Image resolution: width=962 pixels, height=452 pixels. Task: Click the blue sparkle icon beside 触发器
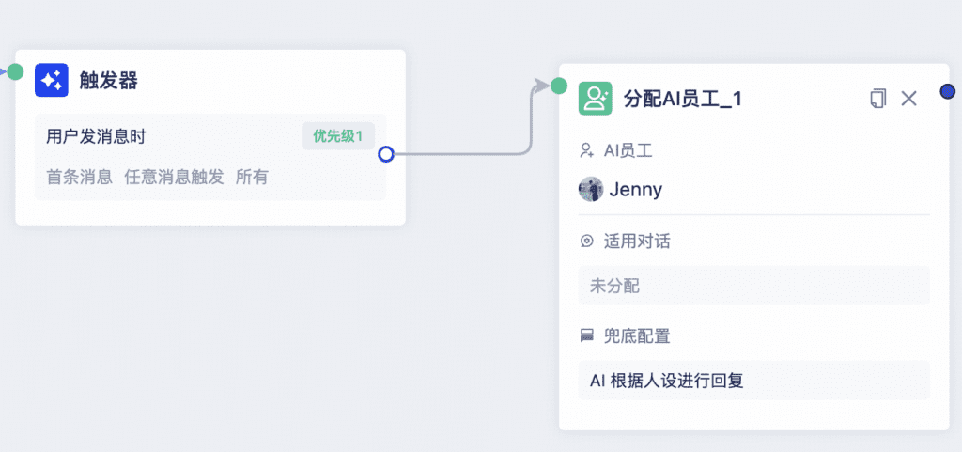tap(52, 80)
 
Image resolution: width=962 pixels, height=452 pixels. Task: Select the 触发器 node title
tap(109, 80)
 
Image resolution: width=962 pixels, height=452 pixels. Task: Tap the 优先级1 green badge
tap(338, 136)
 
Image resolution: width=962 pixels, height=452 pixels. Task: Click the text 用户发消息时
tap(96, 136)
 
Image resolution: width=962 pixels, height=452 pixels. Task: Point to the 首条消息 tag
tap(80, 178)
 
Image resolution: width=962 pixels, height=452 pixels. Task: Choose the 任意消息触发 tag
tap(174, 178)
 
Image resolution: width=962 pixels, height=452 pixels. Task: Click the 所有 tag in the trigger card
tap(252, 178)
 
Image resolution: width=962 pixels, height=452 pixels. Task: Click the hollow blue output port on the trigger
tap(386, 154)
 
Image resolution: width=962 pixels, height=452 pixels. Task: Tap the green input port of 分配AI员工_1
tap(559, 86)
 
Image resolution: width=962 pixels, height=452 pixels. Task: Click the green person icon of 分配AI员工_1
tap(595, 98)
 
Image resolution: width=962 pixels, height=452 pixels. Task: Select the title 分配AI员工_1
tap(683, 99)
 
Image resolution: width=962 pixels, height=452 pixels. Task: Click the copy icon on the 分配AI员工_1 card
tap(878, 98)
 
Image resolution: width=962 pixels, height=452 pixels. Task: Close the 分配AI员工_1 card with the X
tap(908, 98)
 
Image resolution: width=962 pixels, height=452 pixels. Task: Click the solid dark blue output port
tap(948, 91)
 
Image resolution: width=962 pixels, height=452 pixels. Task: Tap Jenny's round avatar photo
tap(591, 190)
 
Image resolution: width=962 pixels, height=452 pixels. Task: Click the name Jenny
tap(636, 190)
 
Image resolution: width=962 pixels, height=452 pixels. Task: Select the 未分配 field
tap(754, 286)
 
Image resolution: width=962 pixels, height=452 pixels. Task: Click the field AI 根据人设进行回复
tap(754, 381)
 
